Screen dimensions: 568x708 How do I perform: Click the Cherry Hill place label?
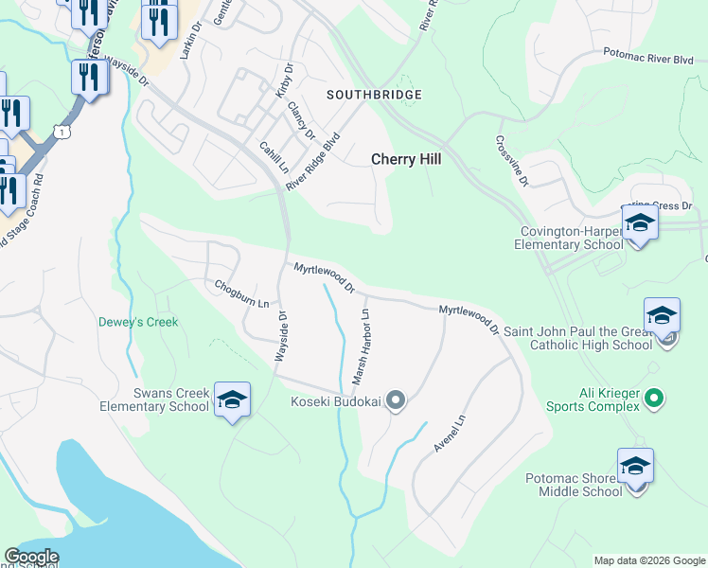405,160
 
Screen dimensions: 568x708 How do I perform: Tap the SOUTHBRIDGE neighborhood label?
374,96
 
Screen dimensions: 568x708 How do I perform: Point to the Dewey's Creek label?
138,322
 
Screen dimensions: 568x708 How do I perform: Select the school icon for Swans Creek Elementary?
232,400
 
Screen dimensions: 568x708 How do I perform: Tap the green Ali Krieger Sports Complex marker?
654,399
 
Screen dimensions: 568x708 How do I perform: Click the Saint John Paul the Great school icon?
662,316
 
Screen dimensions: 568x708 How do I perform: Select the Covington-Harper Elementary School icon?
640,224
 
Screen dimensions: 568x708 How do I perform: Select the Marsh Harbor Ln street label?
361,346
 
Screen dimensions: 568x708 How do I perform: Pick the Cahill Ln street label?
274,158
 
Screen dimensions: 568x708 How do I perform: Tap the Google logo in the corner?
31,557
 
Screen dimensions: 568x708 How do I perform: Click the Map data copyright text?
648,560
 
